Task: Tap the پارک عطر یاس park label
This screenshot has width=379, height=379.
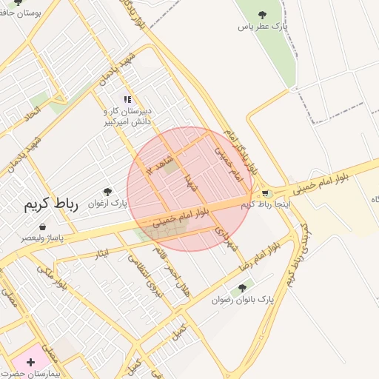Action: [x=262, y=26]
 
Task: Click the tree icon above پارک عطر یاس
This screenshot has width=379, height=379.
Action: [x=262, y=14]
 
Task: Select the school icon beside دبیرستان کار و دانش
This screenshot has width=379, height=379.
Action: [x=128, y=99]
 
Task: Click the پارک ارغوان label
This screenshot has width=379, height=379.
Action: [x=108, y=203]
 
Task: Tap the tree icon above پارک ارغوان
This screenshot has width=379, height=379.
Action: [x=108, y=192]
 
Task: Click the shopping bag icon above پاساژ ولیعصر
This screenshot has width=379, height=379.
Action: [x=41, y=227]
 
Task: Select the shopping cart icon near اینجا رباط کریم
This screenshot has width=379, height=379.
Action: [x=265, y=193]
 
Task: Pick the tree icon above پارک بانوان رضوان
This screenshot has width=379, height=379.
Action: [x=242, y=288]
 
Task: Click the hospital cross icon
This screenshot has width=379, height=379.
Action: [x=30, y=362]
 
